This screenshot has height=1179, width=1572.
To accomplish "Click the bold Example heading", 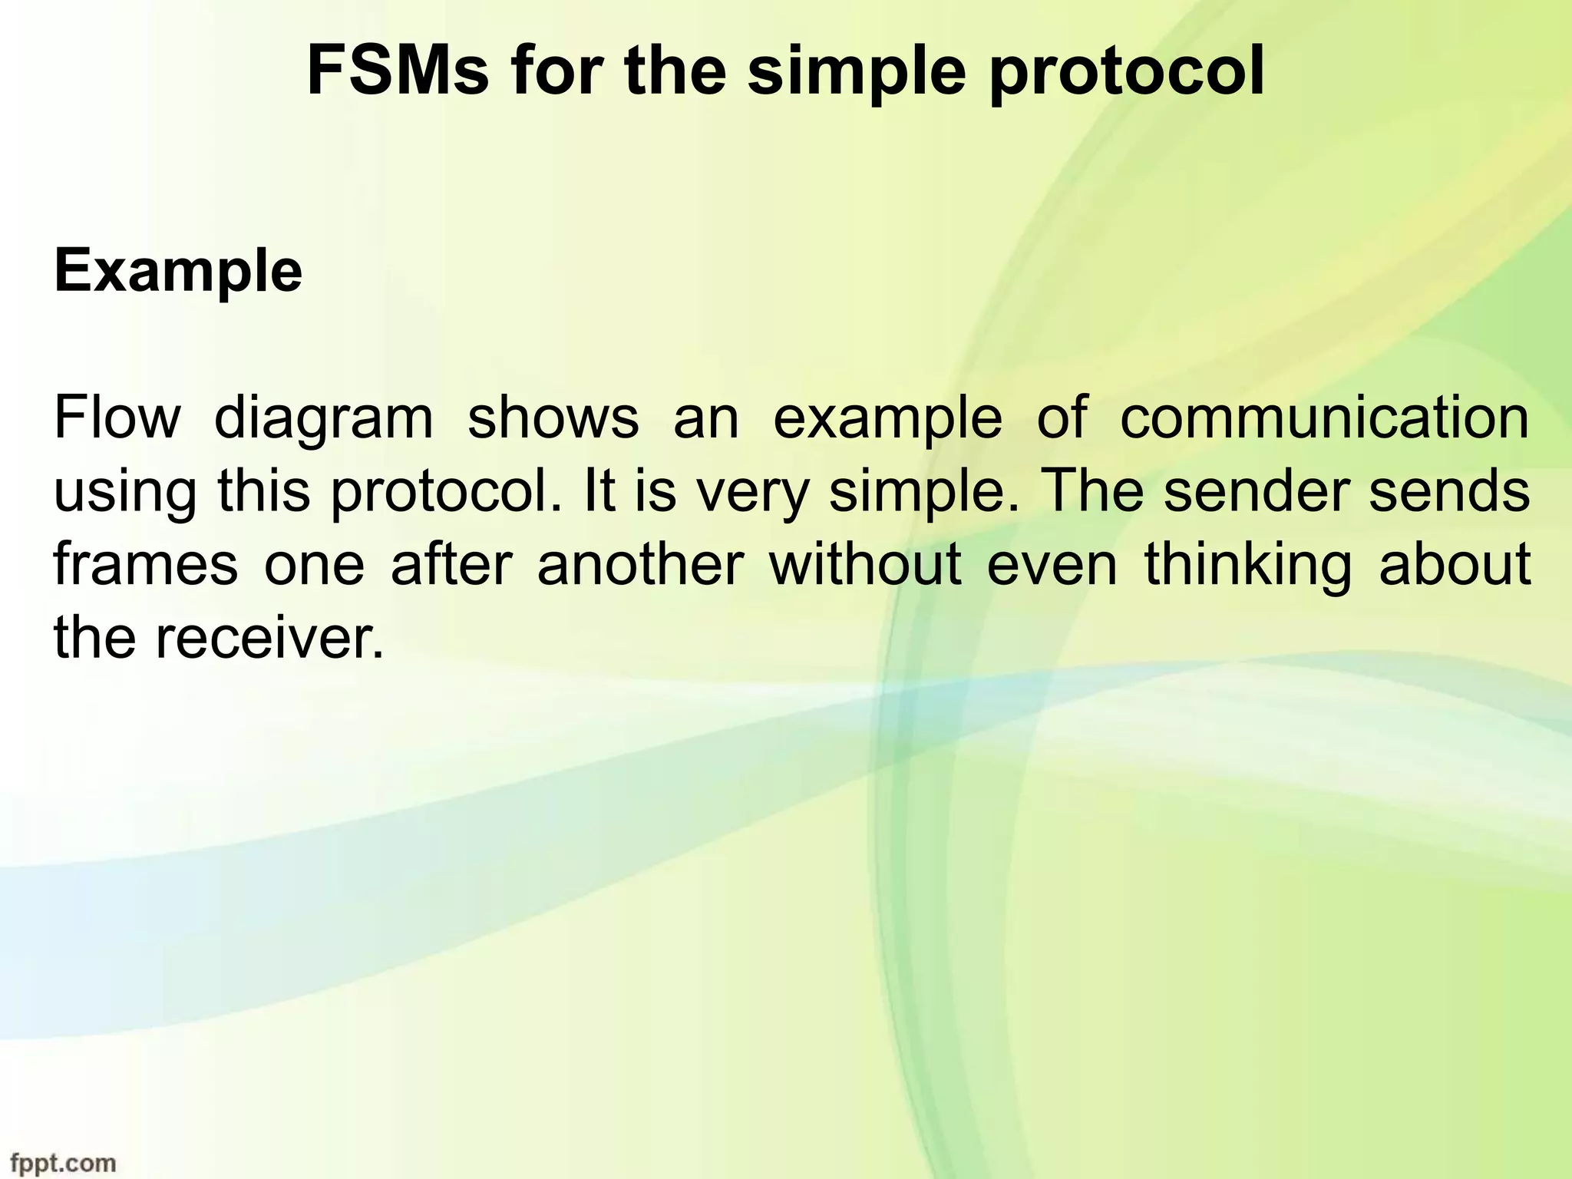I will tap(178, 272).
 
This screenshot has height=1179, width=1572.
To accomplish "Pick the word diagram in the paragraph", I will tap(323, 421).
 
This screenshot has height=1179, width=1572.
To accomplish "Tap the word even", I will tap(1052, 566).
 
